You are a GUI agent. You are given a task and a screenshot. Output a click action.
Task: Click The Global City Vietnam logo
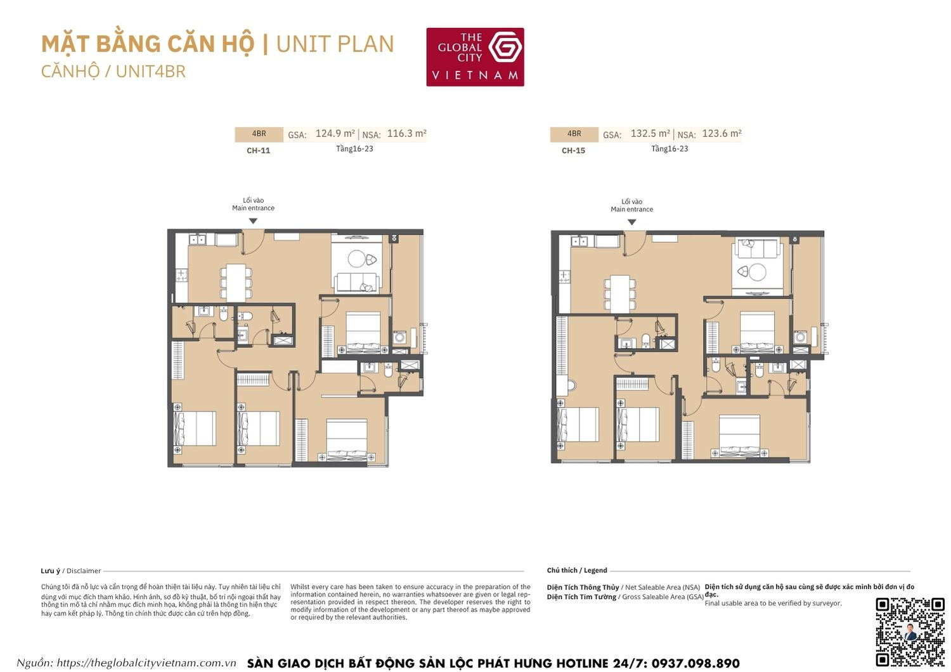pyautogui.click(x=475, y=57)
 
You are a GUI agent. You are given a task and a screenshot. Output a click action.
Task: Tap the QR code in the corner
pyautogui.click(x=910, y=631)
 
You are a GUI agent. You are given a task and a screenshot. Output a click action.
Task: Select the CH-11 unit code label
pyautogui.click(x=258, y=151)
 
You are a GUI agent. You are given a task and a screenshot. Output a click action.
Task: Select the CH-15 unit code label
pyautogui.click(x=573, y=151)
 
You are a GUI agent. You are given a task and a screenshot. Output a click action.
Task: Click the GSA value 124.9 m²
pyautogui.click(x=335, y=134)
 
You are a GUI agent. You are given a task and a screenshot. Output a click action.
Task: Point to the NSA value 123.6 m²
pyautogui.click(x=721, y=134)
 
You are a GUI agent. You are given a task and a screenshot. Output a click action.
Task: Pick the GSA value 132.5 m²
pyautogui.click(x=650, y=134)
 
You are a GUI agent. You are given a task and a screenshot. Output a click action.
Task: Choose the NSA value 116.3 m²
pyautogui.click(x=406, y=134)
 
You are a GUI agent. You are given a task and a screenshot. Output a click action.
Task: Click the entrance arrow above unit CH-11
pyautogui.click(x=253, y=221)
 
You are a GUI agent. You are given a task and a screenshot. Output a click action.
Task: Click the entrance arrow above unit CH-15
pyautogui.click(x=631, y=223)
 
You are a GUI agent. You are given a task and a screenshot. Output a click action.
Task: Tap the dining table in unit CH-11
pyautogui.click(x=236, y=282)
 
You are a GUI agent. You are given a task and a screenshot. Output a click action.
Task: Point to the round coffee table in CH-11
pyautogui.click(x=356, y=259)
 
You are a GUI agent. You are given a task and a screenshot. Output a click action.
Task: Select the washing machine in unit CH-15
pyautogui.click(x=800, y=337)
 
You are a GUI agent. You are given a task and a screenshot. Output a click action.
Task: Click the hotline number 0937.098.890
pyautogui.click(x=695, y=663)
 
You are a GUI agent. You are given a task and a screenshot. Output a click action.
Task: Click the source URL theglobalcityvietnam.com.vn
pyautogui.click(x=146, y=663)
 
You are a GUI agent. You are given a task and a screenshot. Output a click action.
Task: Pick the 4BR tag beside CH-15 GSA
pyautogui.click(x=574, y=134)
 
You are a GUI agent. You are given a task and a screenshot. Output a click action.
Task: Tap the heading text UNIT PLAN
pyautogui.click(x=335, y=44)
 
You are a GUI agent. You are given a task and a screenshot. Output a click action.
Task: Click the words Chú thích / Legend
pyautogui.click(x=576, y=571)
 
